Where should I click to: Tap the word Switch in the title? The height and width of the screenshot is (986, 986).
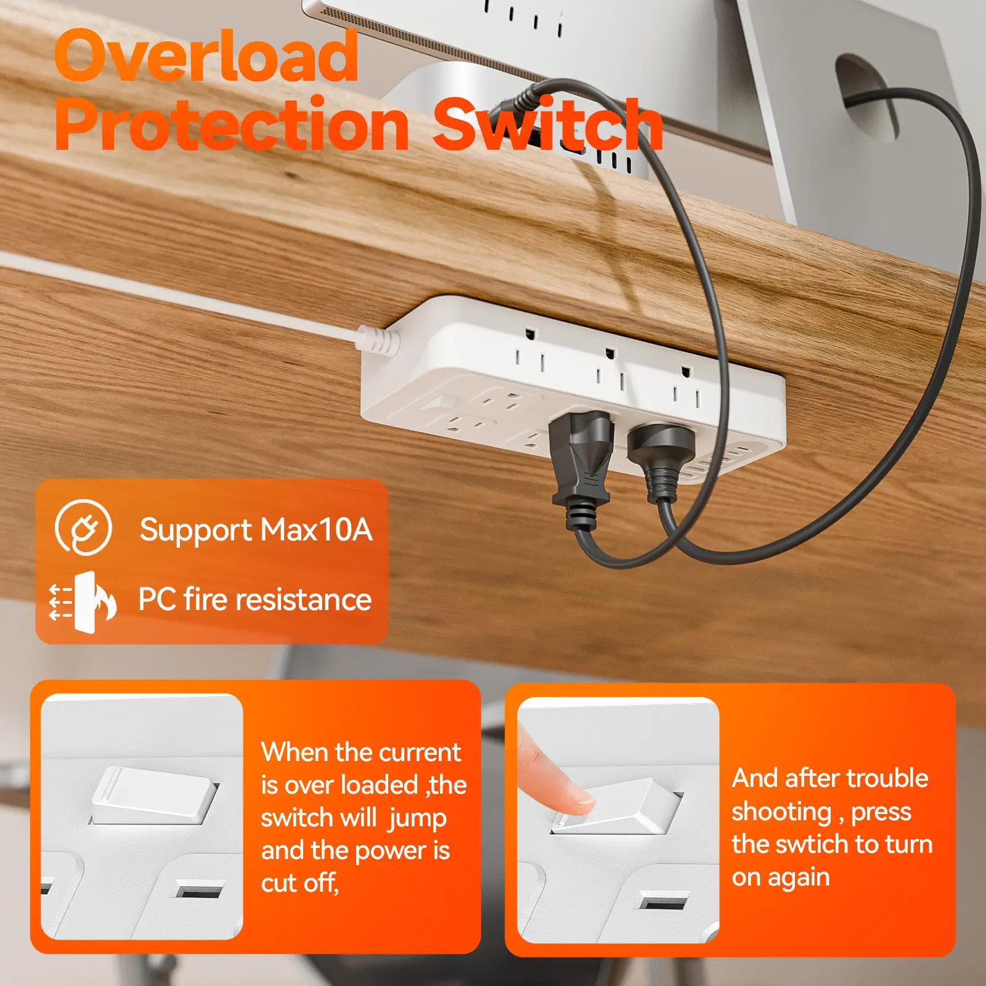pos(548,124)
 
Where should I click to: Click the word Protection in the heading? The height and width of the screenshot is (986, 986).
pos(232,124)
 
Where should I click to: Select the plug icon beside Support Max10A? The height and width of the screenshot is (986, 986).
pos(83,528)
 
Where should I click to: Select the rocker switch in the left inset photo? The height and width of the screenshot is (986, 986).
pos(155,795)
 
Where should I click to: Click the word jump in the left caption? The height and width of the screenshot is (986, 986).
pos(418,819)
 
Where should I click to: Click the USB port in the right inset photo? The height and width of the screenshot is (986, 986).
pos(663,903)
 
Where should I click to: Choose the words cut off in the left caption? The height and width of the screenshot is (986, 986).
pos(300,883)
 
